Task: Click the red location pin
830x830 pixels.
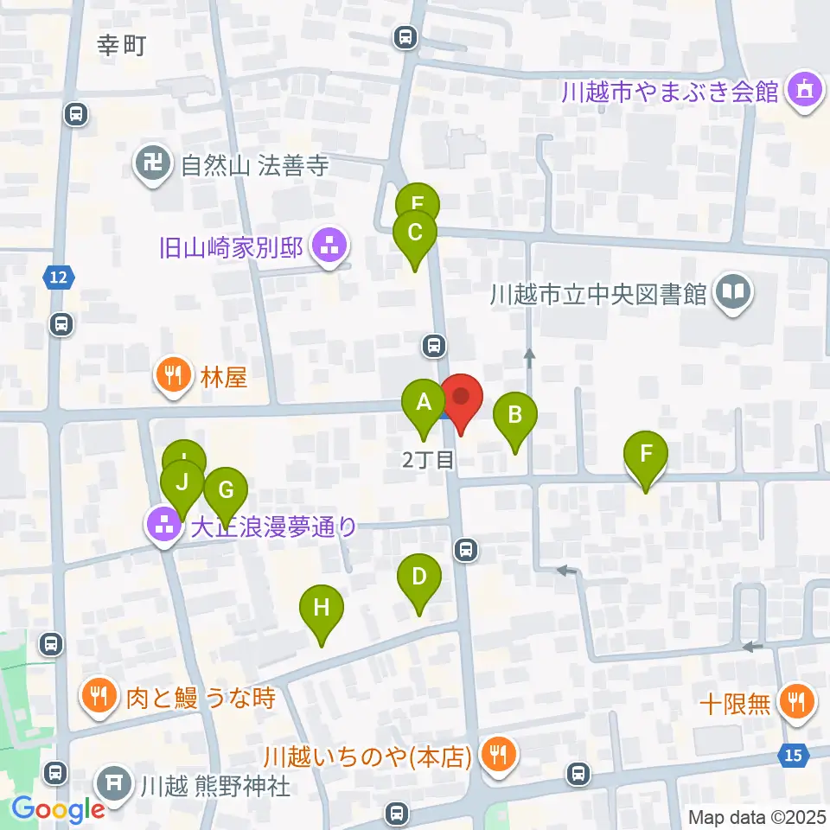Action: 462,399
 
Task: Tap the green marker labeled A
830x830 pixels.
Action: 424,404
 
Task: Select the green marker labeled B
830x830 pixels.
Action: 514,416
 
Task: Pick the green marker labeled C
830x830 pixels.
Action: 415,234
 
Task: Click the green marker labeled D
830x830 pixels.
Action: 419,578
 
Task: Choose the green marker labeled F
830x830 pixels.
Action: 646,456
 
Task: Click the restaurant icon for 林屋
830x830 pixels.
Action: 173,376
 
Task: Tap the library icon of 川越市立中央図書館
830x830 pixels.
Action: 732,295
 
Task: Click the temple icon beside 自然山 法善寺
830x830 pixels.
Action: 154,165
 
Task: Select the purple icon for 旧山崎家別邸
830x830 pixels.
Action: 328,248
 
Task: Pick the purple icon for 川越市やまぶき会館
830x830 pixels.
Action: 804,91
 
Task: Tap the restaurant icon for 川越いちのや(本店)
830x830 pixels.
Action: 498,757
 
